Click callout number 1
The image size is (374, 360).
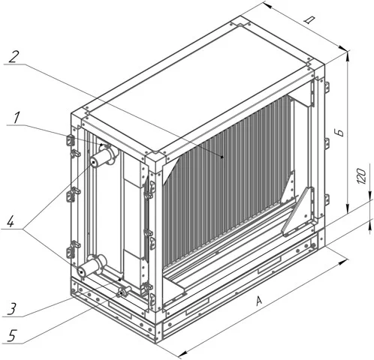(17, 118)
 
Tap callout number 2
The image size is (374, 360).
(14, 57)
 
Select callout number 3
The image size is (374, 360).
(11, 309)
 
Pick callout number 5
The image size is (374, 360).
(12, 336)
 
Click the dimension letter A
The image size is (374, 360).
(259, 301)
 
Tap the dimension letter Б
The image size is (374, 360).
(340, 133)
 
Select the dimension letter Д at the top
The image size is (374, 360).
(309, 20)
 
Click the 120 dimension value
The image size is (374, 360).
(360, 176)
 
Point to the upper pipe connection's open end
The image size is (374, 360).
(94, 163)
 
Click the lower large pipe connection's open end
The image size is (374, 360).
(82, 271)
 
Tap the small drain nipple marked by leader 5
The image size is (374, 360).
(123, 292)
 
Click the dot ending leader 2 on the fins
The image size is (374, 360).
(222, 157)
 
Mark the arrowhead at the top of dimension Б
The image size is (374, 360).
(348, 56)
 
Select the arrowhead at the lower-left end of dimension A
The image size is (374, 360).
(183, 354)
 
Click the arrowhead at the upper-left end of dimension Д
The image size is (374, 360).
(266, 5)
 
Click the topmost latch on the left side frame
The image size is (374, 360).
(71, 140)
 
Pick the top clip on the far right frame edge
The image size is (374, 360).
(327, 86)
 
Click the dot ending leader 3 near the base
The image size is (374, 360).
(120, 280)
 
